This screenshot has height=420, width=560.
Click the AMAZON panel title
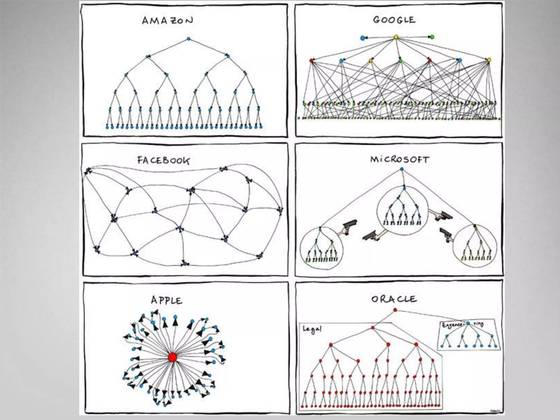click(167, 21)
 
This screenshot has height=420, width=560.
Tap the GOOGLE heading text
click(394, 20)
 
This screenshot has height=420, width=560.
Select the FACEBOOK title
click(163, 160)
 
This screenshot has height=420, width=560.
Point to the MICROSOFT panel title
click(400, 159)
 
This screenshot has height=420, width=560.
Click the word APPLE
click(167, 301)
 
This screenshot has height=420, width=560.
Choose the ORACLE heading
click(394, 299)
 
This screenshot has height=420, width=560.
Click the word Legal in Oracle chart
click(312, 329)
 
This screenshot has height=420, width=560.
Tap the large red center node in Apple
click(173, 357)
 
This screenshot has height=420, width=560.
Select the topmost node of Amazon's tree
click(188, 39)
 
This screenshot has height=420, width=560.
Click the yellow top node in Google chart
click(396, 37)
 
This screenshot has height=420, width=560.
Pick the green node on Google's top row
click(432, 37)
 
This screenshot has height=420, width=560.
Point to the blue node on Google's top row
click(363, 38)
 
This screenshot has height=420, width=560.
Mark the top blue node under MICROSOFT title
click(402, 169)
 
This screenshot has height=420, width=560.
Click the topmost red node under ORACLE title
click(395, 310)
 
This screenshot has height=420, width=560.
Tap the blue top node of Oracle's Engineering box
click(468, 323)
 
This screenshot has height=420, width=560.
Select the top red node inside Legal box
click(372, 327)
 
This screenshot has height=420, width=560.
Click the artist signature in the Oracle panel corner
click(494, 411)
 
